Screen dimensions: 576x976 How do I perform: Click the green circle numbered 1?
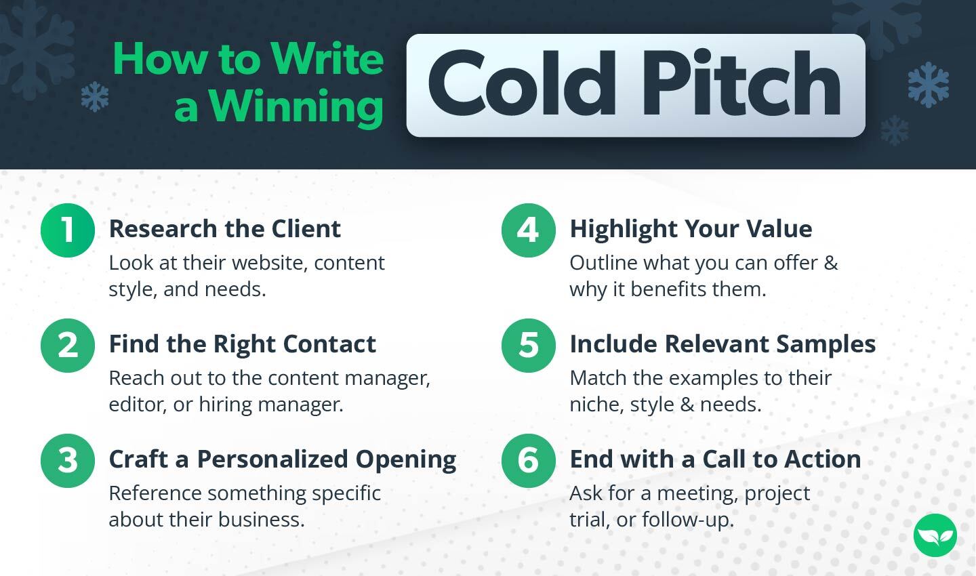tap(67, 230)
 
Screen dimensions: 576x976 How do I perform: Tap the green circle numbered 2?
tap(67, 345)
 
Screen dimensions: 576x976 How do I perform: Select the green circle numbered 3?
tap(67, 460)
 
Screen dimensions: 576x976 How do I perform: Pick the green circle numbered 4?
tap(528, 230)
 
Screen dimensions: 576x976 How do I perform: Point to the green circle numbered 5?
tap(528, 345)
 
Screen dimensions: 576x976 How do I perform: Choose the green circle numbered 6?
tap(528, 460)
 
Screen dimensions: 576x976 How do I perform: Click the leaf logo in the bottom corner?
tap(935, 535)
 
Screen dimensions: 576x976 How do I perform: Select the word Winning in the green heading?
tap(296, 107)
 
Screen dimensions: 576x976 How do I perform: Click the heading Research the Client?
tap(224, 229)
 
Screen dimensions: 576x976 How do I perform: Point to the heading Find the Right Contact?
tap(242, 344)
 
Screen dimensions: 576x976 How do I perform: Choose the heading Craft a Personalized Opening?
tap(282, 459)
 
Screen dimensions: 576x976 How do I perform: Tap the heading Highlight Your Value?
tap(691, 229)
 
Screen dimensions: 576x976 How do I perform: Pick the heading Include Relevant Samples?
tap(723, 344)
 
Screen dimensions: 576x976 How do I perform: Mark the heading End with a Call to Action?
tap(715, 459)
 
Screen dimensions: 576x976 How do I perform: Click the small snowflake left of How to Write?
tap(95, 97)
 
